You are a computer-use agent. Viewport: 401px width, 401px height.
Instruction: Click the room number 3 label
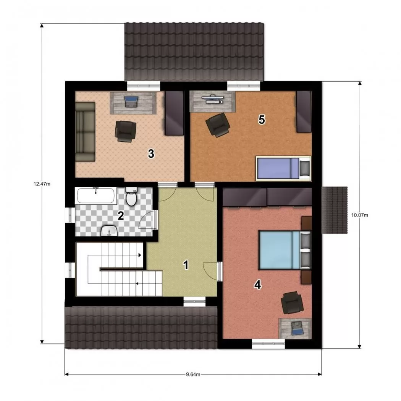151,154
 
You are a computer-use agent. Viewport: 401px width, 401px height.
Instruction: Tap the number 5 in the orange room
262,120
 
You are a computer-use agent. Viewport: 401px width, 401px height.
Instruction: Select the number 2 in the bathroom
121,216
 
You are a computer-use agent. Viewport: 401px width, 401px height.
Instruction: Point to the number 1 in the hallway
186,265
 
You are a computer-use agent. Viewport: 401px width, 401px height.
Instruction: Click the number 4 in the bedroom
257,285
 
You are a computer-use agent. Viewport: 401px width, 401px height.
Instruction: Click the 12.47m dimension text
42,184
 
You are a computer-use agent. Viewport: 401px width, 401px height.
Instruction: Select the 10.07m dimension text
360,215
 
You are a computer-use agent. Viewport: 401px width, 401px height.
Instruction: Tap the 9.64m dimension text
193,375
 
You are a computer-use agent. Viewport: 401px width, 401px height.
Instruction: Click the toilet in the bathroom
131,196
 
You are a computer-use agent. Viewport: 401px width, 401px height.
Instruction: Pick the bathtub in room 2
96,196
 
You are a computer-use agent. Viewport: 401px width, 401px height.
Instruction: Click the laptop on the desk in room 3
131,102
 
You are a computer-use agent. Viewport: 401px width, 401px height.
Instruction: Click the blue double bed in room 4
285,250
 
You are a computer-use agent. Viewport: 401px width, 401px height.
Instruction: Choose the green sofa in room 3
85,132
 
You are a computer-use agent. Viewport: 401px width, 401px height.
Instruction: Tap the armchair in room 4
292,302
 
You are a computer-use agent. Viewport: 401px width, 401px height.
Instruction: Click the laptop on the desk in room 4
297,328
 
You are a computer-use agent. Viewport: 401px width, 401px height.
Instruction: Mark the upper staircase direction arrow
140,255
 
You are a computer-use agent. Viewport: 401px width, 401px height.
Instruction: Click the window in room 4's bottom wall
268,344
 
